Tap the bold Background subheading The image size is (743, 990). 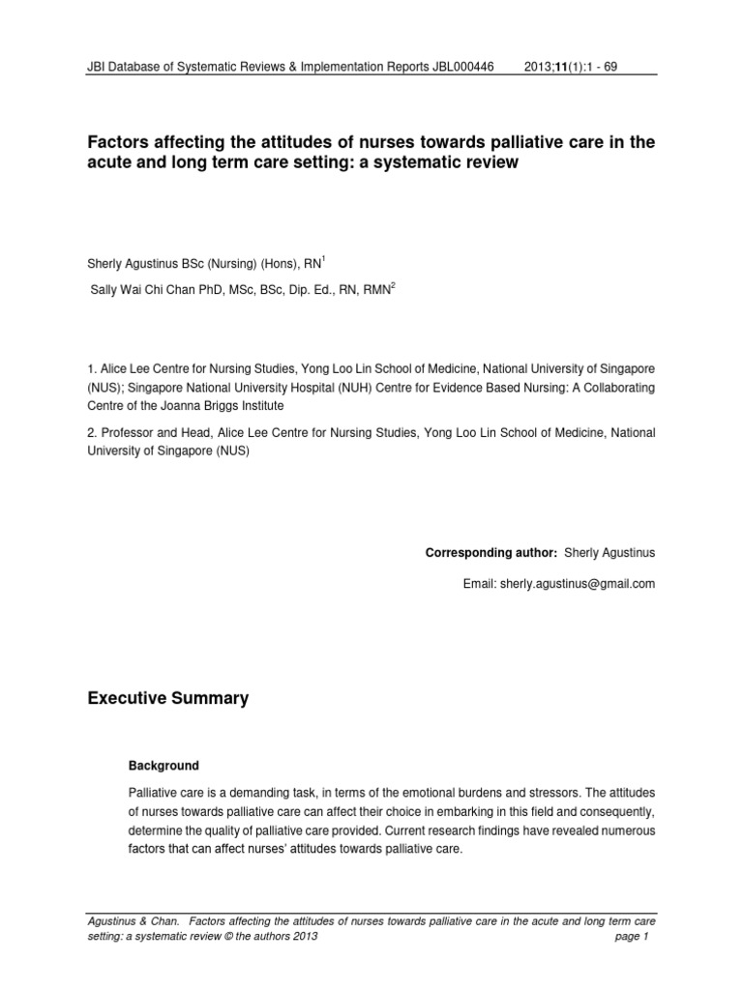163,766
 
